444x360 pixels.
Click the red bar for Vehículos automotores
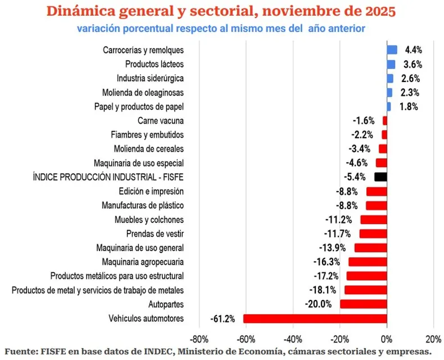pos(315,318)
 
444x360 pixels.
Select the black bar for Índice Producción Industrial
pos(380,177)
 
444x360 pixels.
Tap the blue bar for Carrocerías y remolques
pos(392,50)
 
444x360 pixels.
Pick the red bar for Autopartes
pos(363,304)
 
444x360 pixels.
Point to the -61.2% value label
pos(223,319)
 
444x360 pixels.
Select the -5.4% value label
pos(360,177)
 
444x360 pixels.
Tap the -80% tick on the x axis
pos(199,339)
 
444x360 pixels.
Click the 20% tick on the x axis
pos(433,339)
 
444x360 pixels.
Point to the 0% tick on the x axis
pos(387,339)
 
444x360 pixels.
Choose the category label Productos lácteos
pos(155,64)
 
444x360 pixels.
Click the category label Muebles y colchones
pos(149,219)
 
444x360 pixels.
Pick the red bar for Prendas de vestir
pos(373,233)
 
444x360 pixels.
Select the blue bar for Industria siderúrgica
pos(390,78)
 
